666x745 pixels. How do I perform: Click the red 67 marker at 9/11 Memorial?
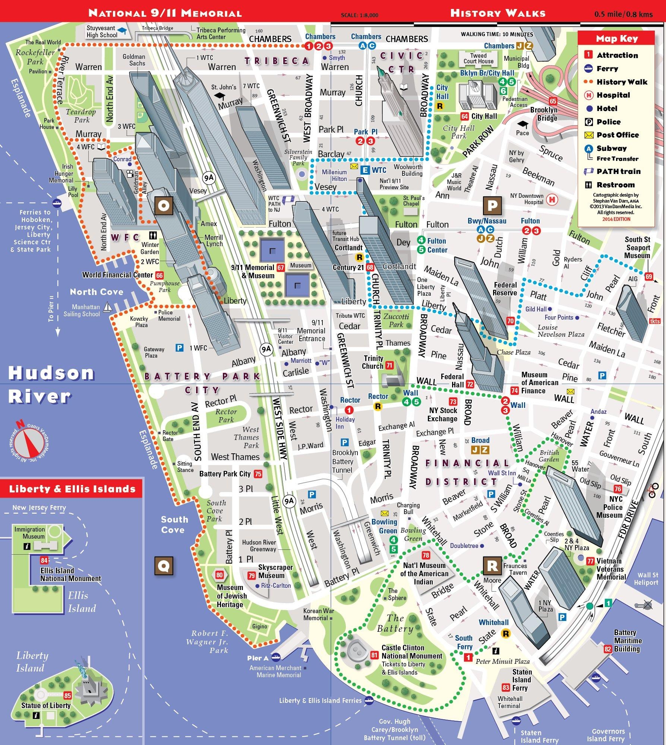click(281, 267)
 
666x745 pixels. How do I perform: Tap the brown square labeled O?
click(164, 206)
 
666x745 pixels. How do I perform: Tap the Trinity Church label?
click(373, 362)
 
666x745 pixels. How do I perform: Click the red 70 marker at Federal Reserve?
click(510, 321)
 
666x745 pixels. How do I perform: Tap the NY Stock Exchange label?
click(443, 414)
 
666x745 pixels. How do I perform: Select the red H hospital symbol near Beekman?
click(552, 200)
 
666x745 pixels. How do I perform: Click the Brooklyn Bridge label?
click(544, 114)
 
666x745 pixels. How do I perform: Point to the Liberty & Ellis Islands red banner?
click(72, 489)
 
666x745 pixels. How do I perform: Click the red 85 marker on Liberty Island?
click(67, 695)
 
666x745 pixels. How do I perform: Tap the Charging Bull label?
click(408, 508)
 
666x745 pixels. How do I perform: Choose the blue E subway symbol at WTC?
click(365, 170)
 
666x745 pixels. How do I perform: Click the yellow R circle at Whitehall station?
click(506, 633)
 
